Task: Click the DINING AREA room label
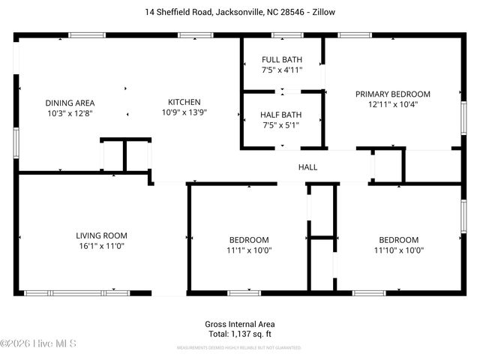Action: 70,103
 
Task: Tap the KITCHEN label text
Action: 184,102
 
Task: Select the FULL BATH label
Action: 281,60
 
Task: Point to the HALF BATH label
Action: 281,115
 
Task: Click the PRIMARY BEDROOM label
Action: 392,94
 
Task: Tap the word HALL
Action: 307,167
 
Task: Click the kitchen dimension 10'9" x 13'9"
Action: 184,112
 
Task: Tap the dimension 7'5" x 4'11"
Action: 281,70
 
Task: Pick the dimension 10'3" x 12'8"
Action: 70,113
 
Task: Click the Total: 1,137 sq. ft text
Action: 240,334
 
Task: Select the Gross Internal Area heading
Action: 240,324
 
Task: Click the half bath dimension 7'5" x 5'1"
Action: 281,125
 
